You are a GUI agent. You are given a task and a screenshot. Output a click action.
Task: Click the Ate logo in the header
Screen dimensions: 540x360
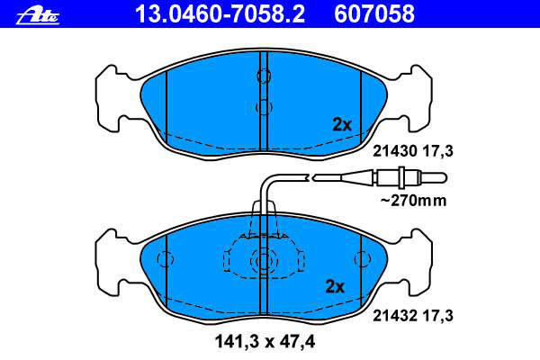(x=38, y=15)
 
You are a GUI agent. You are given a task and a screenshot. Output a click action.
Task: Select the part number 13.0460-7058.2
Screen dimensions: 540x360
(x=220, y=14)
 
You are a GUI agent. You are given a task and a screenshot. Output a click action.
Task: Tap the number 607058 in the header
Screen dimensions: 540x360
(x=374, y=14)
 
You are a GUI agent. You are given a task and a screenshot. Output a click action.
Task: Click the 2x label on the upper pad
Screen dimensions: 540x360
(x=342, y=125)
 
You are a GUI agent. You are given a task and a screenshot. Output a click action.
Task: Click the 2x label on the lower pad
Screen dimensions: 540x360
(x=335, y=286)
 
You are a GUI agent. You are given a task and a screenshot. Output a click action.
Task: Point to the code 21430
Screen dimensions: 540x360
(x=395, y=151)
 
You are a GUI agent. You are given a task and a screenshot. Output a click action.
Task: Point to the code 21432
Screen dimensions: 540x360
(x=395, y=316)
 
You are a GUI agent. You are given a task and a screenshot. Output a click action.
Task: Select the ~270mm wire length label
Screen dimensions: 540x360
(x=414, y=201)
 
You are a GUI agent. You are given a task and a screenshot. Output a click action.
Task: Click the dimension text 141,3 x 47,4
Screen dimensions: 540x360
(x=265, y=342)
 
